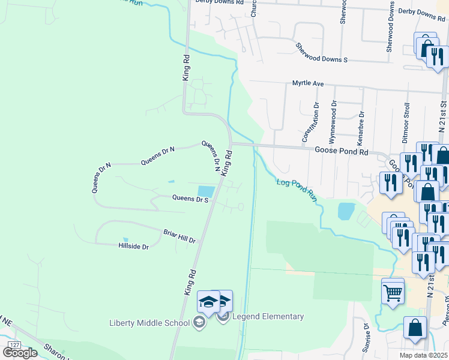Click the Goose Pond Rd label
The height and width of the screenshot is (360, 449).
[x=341, y=152]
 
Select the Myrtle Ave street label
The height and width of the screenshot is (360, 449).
[x=308, y=83]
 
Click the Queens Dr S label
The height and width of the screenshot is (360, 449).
[x=190, y=199]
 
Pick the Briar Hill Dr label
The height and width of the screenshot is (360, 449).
[x=179, y=235]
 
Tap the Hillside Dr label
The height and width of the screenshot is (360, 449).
[x=133, y=246]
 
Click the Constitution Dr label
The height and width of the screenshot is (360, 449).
[x=309, y=122]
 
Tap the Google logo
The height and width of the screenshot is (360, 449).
[x=20, y=352]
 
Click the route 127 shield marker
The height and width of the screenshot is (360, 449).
[x=14, y=344]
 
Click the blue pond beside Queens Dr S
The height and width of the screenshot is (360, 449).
[x=206, y=191]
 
